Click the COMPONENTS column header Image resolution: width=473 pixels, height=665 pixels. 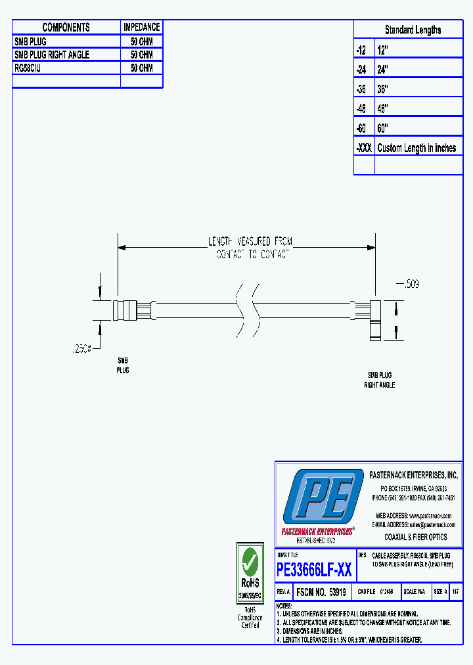pyautogui.click(x=66, y=27)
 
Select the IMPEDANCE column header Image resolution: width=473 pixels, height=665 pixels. pyautogui.click(x=141, y=27)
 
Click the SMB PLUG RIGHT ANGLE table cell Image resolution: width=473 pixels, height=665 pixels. pyautogui.click(x=52, y=55)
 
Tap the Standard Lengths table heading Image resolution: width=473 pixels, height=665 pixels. pyautogui.click(x=413, y=30)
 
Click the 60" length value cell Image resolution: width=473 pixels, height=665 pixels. pyautogui.click(x=383, y=128)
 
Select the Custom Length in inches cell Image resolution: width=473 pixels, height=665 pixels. pyautogui.click(x=417, y=148)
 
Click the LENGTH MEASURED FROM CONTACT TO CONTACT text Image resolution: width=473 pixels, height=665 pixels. pyautogui.click(x=250, y=248)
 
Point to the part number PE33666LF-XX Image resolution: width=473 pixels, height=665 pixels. pyautogui.click(x=314, y=570)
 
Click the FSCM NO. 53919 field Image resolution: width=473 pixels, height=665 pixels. pyautogui.click(x=321, y=591)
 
